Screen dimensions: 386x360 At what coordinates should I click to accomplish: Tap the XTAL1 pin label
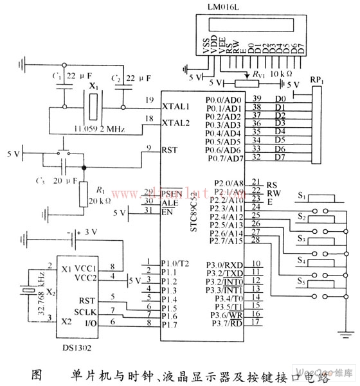175,106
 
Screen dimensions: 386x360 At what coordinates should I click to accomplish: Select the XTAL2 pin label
175,121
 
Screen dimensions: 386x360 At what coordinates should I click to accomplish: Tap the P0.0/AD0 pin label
225,100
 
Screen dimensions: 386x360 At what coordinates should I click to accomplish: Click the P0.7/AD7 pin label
225,158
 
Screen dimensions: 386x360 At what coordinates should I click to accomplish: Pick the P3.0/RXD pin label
225,264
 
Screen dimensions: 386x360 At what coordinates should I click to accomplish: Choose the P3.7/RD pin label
225,322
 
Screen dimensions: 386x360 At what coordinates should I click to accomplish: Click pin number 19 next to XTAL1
149,100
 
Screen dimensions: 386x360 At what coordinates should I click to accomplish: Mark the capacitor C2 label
116,78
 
